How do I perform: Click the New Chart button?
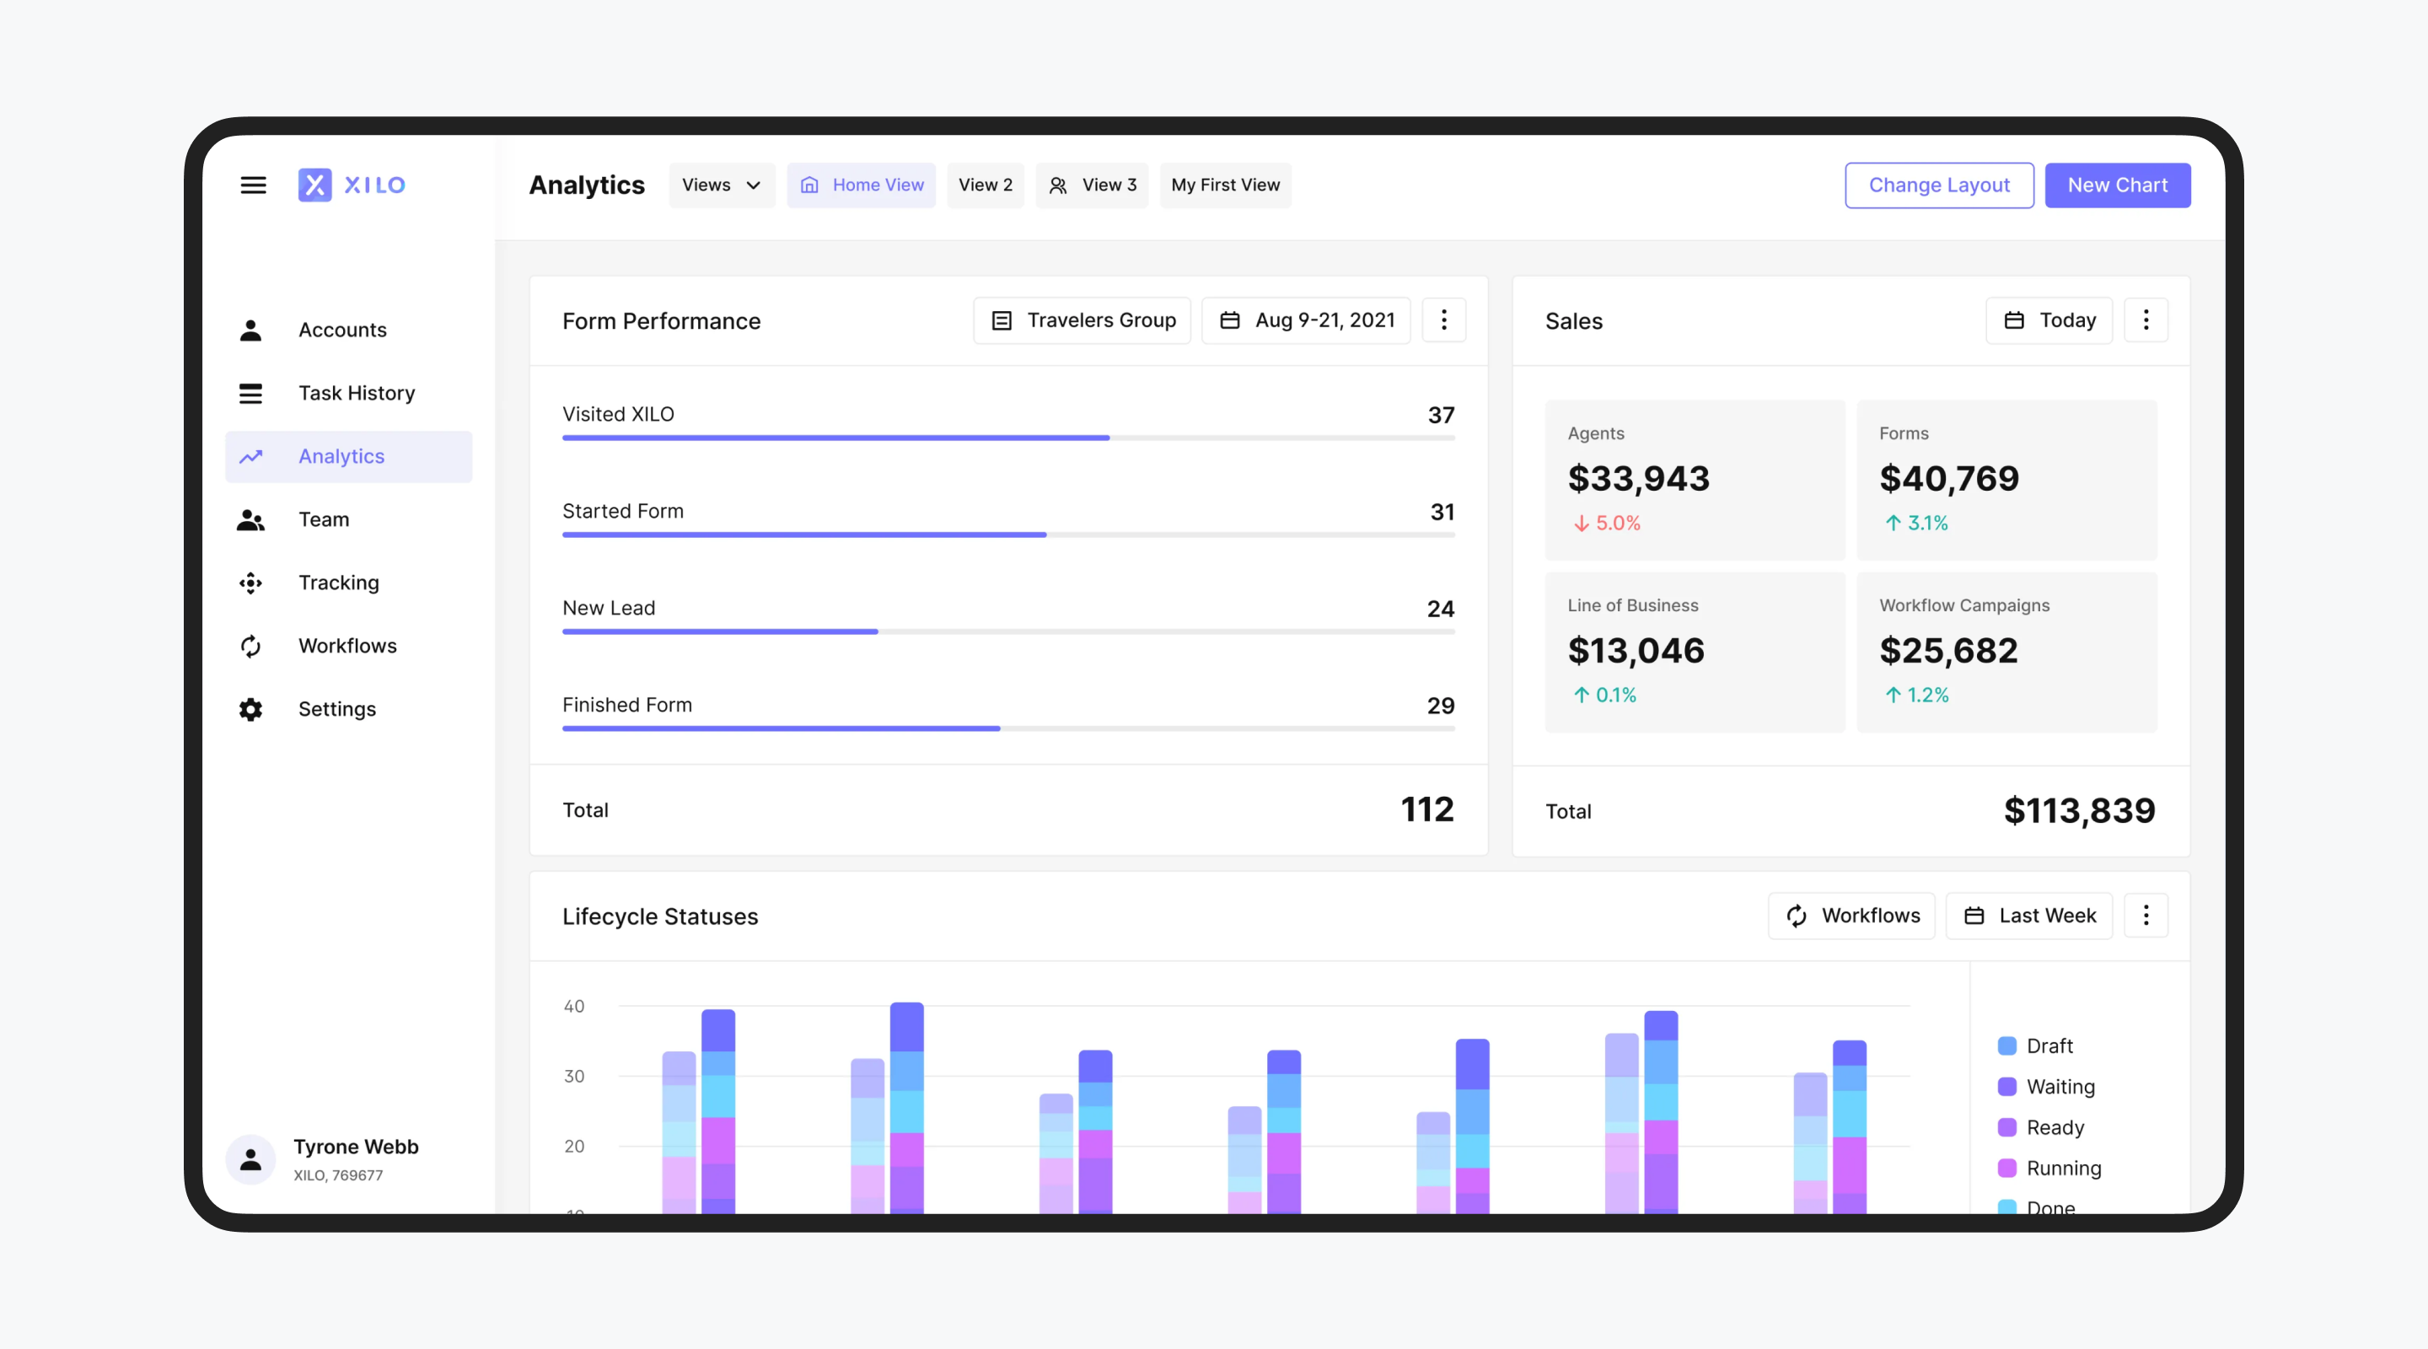(2116, 185)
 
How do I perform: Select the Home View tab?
(862, 185)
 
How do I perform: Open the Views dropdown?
(721, 185)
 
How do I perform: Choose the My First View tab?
(1224, 185)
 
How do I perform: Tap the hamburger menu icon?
(253, 185)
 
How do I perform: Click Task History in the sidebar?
(357, 393)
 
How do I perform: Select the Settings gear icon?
(250, 709)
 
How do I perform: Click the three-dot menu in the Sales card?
(2146, 320)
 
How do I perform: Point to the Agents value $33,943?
(1638, 479)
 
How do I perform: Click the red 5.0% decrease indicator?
(1607, 524)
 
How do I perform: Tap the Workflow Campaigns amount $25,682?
(1948, 650)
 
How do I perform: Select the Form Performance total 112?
(1426, 809)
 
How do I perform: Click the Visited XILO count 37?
(1440, 415)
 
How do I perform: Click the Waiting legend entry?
(2060, 1087)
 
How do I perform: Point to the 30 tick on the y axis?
(574, 1076)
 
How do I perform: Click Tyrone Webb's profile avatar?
(250, 1159)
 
